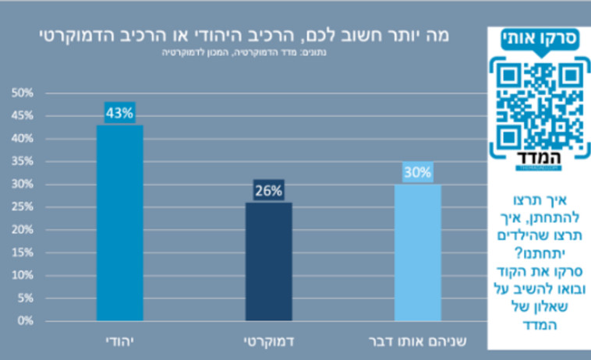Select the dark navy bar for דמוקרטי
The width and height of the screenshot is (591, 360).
pos(269,261)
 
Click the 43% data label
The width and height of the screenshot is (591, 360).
pos(120,113)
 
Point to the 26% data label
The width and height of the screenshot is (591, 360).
pos(269,190)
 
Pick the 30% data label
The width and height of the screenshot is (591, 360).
pos(418,172)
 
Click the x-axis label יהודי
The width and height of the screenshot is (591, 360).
pos(119,342)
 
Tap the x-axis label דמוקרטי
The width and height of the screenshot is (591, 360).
pos(269,342)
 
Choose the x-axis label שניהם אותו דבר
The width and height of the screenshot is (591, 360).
pos(418,342)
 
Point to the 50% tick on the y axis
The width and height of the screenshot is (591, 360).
pos(22,93)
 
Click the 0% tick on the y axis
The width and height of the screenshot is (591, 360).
pos(24,320)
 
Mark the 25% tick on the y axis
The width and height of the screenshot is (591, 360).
pos(22,206)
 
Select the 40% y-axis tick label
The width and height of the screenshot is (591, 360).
pos(22,139)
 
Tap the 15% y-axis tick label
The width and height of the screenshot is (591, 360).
pos(22,252)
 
